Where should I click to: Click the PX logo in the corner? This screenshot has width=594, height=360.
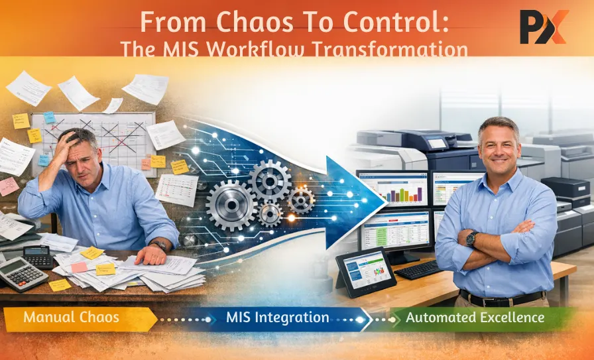[543, 28]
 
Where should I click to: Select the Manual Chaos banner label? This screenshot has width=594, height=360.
[71, 318]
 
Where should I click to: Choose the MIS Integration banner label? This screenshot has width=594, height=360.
[277, 318]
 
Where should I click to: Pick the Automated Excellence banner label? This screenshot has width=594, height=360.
[475, 318]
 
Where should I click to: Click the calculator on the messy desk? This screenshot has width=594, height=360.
[21, 272]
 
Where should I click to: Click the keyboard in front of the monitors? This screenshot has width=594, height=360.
[419, 269]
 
